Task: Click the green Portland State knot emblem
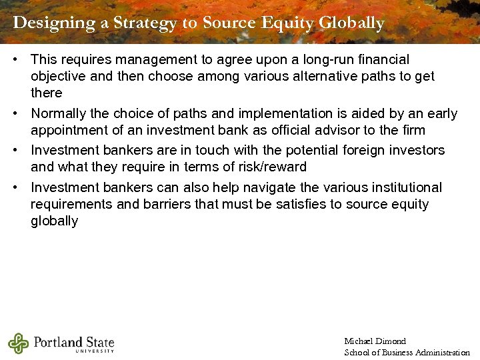(19, 343)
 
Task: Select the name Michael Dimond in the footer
(375, 341)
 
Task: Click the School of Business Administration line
(407, 353)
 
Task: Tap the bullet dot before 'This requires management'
(15, 60)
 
